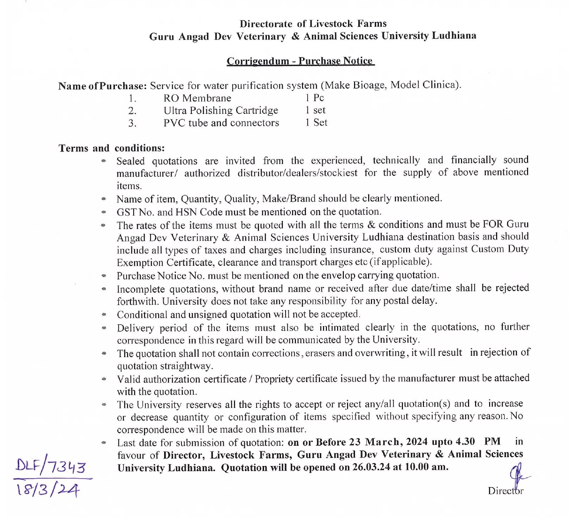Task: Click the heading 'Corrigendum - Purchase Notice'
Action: pos(300,61)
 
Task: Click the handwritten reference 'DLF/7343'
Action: pos(51,466)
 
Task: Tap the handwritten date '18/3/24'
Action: pos(48,489)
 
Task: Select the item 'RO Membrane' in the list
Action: pos(197,98)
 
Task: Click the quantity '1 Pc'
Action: pos(314,98)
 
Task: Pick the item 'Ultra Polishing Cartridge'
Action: pos(220,111)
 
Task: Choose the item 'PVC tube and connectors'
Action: pos(221,123)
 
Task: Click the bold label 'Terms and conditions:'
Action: pos(112,148)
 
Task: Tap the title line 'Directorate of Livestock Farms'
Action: pos(313,23)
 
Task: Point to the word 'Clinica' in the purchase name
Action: pos(439,85)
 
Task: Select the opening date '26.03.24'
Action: pos(371,467)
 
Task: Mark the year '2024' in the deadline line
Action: pos(416,442)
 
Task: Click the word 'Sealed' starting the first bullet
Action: pos(130,161)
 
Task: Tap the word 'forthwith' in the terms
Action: pos(137,301)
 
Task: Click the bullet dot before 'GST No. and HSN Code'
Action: pos(104,212)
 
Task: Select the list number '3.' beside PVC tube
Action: pos(133,123)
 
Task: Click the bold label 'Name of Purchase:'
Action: pos(103,86)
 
